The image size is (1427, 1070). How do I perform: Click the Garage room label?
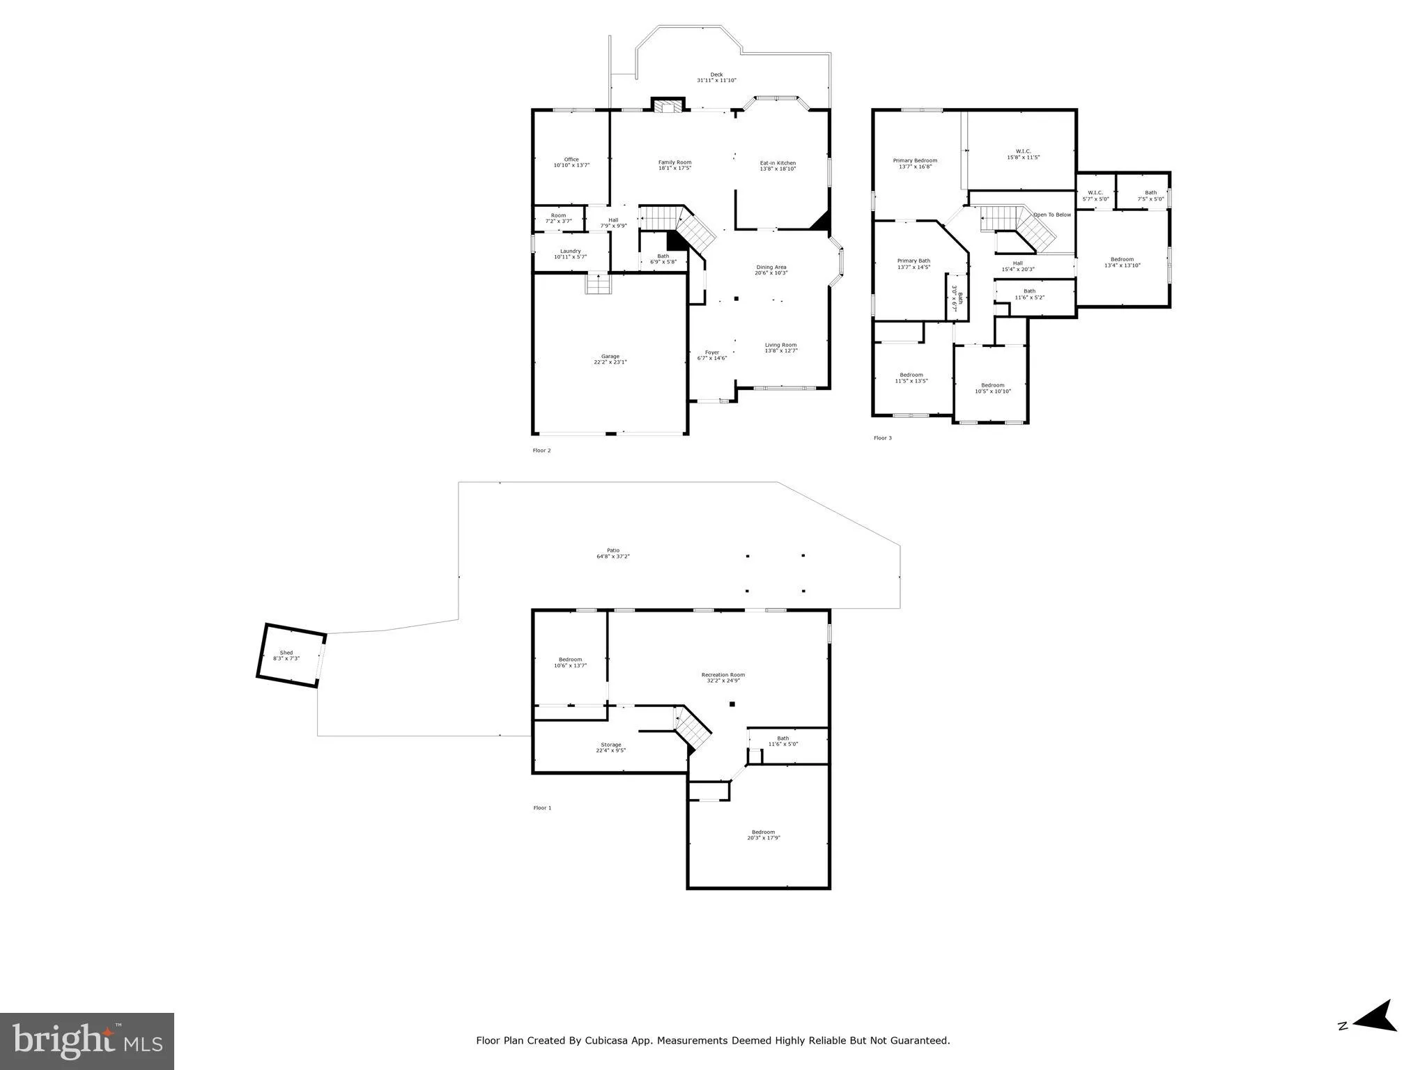tap(610, 357)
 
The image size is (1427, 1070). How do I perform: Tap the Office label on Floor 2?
tap(571, 160)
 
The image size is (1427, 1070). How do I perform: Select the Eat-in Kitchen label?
tap(778, 163)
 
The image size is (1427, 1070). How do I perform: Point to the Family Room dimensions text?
tap(674, 169)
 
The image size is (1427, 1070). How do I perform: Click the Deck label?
tap(716, 75)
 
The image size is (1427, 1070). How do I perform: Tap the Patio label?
tap(612, 550)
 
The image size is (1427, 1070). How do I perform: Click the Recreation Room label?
tap(723, 674)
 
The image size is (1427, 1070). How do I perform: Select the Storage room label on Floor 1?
tap(611, 745)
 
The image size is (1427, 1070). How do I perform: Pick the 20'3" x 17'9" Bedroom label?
tap(763, 832)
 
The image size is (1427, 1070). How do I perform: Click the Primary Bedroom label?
tap(915, 160)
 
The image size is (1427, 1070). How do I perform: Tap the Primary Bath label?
tap(913, 261)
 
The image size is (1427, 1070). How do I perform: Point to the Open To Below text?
tap(1051, 215)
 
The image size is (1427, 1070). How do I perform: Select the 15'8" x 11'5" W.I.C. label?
tap(1023, 151)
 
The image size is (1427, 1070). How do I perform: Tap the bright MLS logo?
tap(87, 1041)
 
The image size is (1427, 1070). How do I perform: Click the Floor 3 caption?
tap(882, 438)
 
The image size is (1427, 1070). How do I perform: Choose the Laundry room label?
tap(570, 251)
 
